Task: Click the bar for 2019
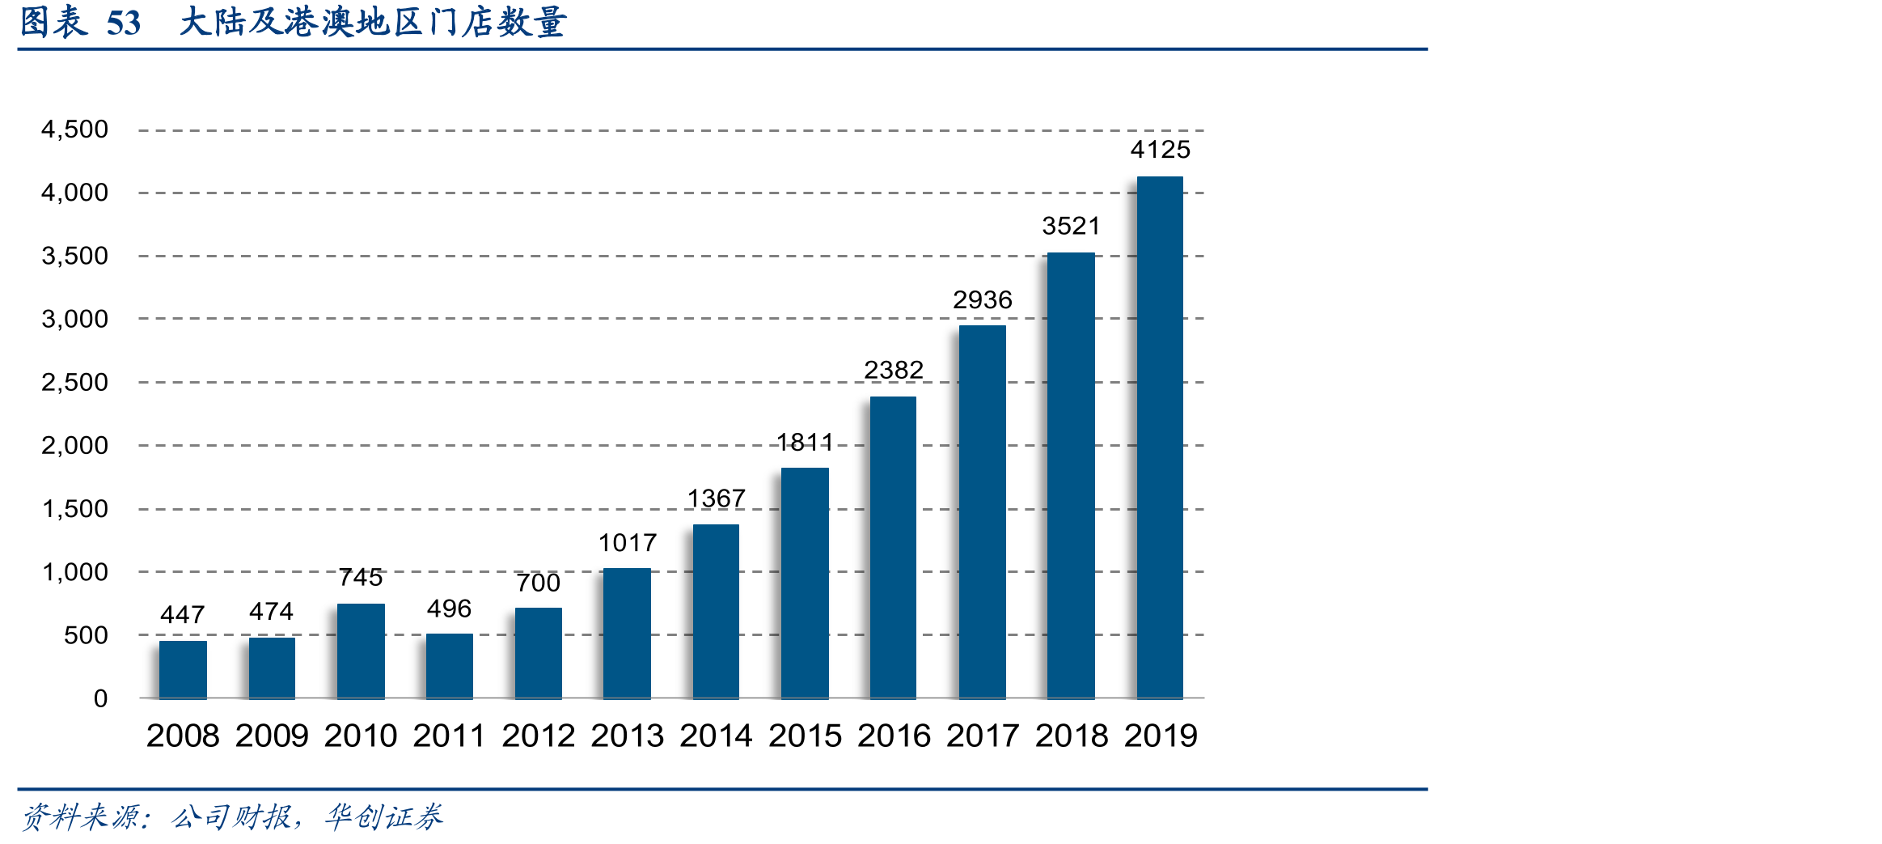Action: point(1160,437)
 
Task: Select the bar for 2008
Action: point(183,669)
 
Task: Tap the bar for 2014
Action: point(716,611)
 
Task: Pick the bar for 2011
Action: point(450,666)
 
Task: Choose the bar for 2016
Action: point(893,547)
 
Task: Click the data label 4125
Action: point(1161,150)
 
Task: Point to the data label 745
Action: point(361,577)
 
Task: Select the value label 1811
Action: point(805,442)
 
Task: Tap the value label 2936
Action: point(983,300)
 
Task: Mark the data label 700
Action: point(539,583)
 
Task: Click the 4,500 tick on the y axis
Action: point(74,129)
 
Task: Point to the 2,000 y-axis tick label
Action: point(74,445)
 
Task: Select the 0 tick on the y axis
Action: point(100,698)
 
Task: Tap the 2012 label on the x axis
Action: point(539,736)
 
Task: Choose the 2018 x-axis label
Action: point(1072,736)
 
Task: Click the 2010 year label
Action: point(361,736)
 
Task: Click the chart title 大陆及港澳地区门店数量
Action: point(373,22)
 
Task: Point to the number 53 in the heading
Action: point(124,23)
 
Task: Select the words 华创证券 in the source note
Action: point(384,817)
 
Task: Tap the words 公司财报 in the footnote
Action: point(231,817)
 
